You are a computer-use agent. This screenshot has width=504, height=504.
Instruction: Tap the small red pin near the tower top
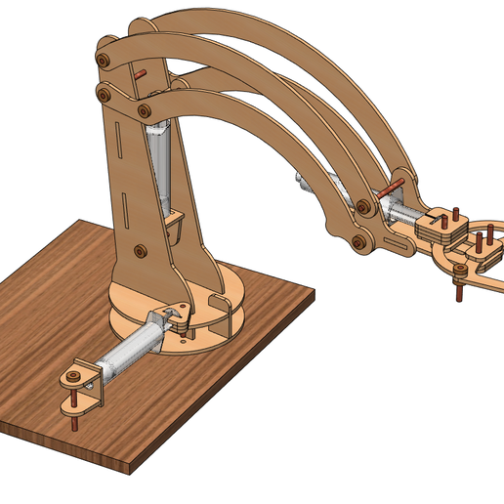[142, 73]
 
